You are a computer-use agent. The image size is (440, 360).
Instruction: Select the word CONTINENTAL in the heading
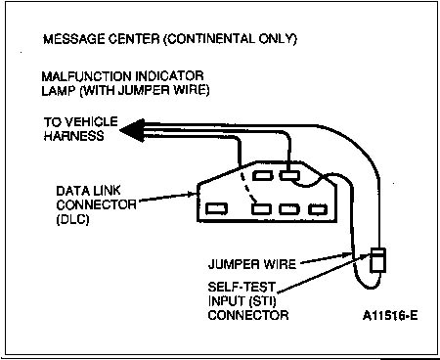coord(210,39)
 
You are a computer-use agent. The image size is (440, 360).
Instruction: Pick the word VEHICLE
coord(91,122)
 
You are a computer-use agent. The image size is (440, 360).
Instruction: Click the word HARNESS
coord(74,135)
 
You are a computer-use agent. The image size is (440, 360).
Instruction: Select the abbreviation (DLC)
coord(72,219)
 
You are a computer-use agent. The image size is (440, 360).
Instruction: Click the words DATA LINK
coord(88,191)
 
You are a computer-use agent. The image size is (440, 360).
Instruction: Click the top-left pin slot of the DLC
coord(261,175)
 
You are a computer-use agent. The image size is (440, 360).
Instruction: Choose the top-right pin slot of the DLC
coord(289,175)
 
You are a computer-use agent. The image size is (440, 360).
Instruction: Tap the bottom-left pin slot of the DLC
coord(216,208)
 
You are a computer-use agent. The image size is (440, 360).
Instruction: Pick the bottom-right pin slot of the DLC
coord(318,209)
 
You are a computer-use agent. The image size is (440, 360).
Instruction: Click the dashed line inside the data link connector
coord(248,187)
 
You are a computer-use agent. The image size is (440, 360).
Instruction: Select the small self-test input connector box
coord(378,260)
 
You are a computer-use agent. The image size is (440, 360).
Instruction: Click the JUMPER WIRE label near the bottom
coord(252,264)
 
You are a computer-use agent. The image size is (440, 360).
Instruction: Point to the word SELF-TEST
coord(242,287)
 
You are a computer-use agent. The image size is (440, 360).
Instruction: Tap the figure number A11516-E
coord(390,316)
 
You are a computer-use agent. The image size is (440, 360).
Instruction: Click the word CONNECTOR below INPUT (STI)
coord(248,315)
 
